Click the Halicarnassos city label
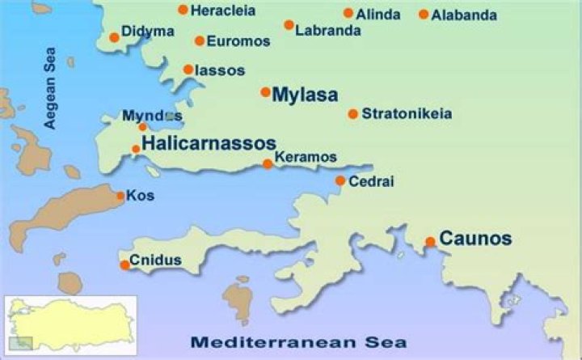pyautogui.click(x=209, y=144)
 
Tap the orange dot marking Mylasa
pyautogui.click(x=265, y=92)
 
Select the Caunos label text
pyautogui.click(x=475, y=239)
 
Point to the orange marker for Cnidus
pyautogui.click(x=124, y=265)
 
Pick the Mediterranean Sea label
pyautogui.click(x=297, y=341)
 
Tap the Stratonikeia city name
pyautogui.click(x=407, y=113)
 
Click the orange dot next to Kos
pyautogui.click(x=120, y=196)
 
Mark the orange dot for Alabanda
pyautogui.click(x=424, y=15)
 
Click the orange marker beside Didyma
pyautogui.click(x=114, y=37)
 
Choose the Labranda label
pyautogui.click(x=328, y=32)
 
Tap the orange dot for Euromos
pyautogui.click(x=199, y=40)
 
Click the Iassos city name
pyautogui.click(x=220, y=70)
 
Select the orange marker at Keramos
pyautogui.click(x=268, y=164)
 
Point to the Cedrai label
pyautogui.click(x=371, y=181)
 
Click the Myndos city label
pyautogui.click(x=153, y=116)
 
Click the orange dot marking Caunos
pyautogui.click(x=430, y=241)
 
